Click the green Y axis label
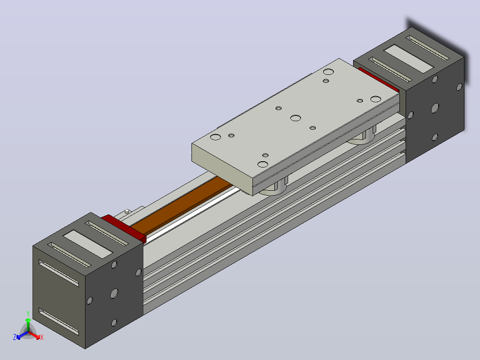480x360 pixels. click(28, 314)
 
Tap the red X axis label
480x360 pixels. click(42, 337)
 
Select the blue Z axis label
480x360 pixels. click(15, 337)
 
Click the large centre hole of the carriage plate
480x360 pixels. click(295, 118)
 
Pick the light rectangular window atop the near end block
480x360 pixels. click(88, 244)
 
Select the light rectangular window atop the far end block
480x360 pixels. click(408, 59)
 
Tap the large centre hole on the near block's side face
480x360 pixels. click(114, 293)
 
